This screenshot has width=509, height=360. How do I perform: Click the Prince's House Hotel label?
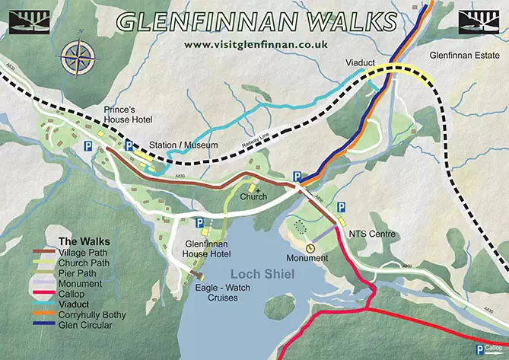click(x=129, y=116)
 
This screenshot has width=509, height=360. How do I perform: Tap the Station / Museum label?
click(x=183, y=145)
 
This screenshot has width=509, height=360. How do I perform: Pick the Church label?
click(x=253, y=197)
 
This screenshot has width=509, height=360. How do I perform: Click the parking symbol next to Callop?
click(x=480, y=349)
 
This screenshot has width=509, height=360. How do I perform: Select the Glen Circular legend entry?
click(x=84, y=324)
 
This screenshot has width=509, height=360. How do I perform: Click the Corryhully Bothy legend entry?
click(x=92, y=314)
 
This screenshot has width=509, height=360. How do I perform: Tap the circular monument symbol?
click(x=310, y=248)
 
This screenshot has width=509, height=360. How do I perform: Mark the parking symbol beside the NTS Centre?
click(x=342, y=206)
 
